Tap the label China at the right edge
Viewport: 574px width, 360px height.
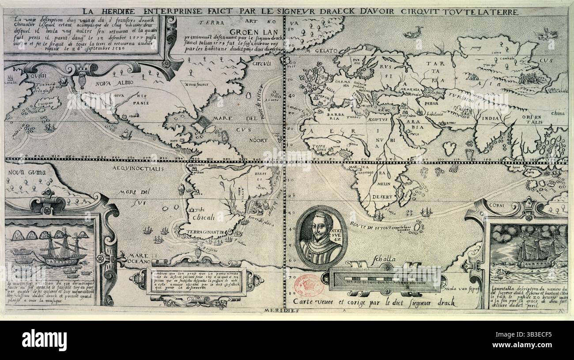point(558,113)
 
